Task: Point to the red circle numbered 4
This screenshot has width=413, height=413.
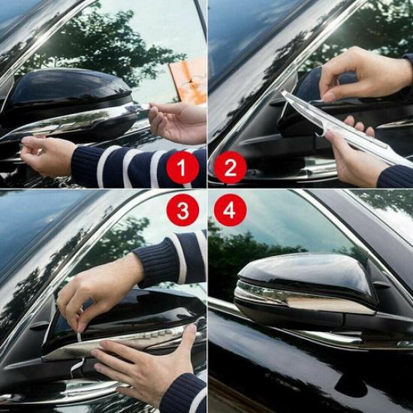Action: tap(230, 210)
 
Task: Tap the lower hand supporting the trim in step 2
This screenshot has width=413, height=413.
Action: tap(353, 158)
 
